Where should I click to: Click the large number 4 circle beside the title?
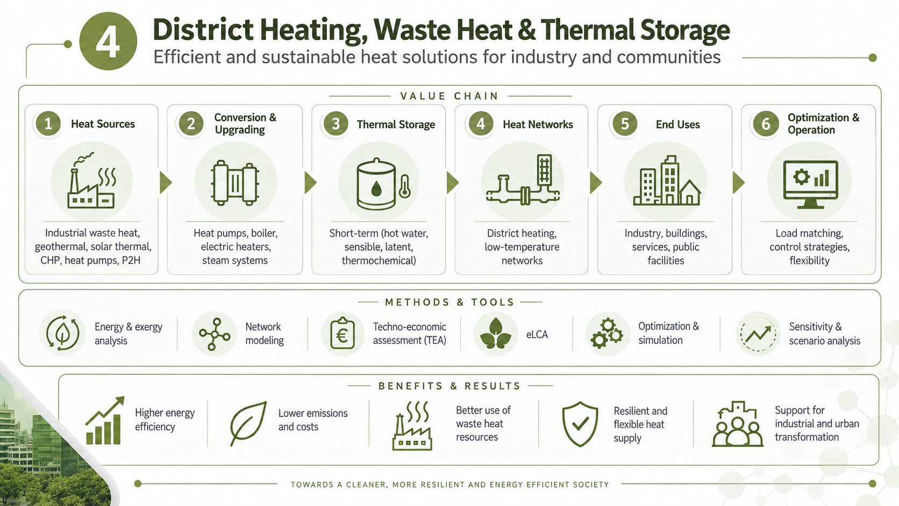point(109,41)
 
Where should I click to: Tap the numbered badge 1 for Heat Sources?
point(48,124)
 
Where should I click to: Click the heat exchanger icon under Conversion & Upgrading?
point(235,183)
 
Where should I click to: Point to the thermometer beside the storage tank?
point(404,187)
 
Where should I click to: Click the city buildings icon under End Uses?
point(667,181)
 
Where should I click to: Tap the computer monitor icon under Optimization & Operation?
point(810,184)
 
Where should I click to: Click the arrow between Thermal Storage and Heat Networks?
point(453,183)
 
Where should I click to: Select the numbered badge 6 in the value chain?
point(766,124)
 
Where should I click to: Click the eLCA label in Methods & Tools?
point(537,334)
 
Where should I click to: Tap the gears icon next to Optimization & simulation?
point(607,333)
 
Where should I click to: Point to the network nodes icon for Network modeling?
point(215,334)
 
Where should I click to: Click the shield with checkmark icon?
point(580,424)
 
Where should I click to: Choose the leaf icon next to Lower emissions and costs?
point(248,423)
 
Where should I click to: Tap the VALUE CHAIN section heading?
point(449,96)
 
